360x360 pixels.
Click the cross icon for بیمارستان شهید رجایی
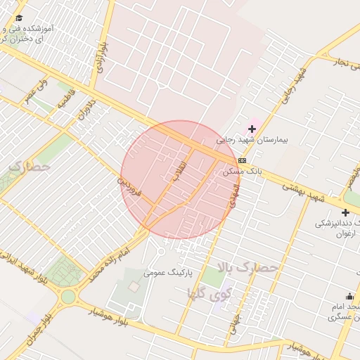point(252,129)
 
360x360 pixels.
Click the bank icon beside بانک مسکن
point(242,160)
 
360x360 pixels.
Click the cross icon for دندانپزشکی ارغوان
point(345,212)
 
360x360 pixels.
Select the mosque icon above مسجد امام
point(349,296)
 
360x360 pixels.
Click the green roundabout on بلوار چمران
point(67,297)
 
